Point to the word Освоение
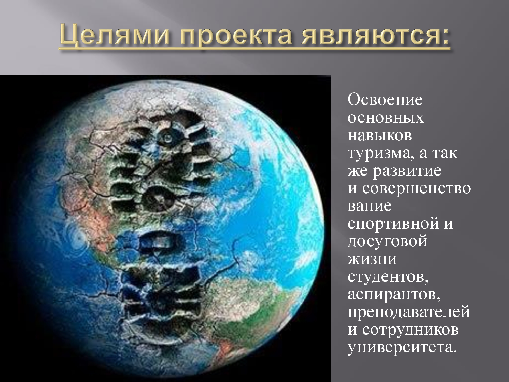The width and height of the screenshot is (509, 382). [x=385, y=100]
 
